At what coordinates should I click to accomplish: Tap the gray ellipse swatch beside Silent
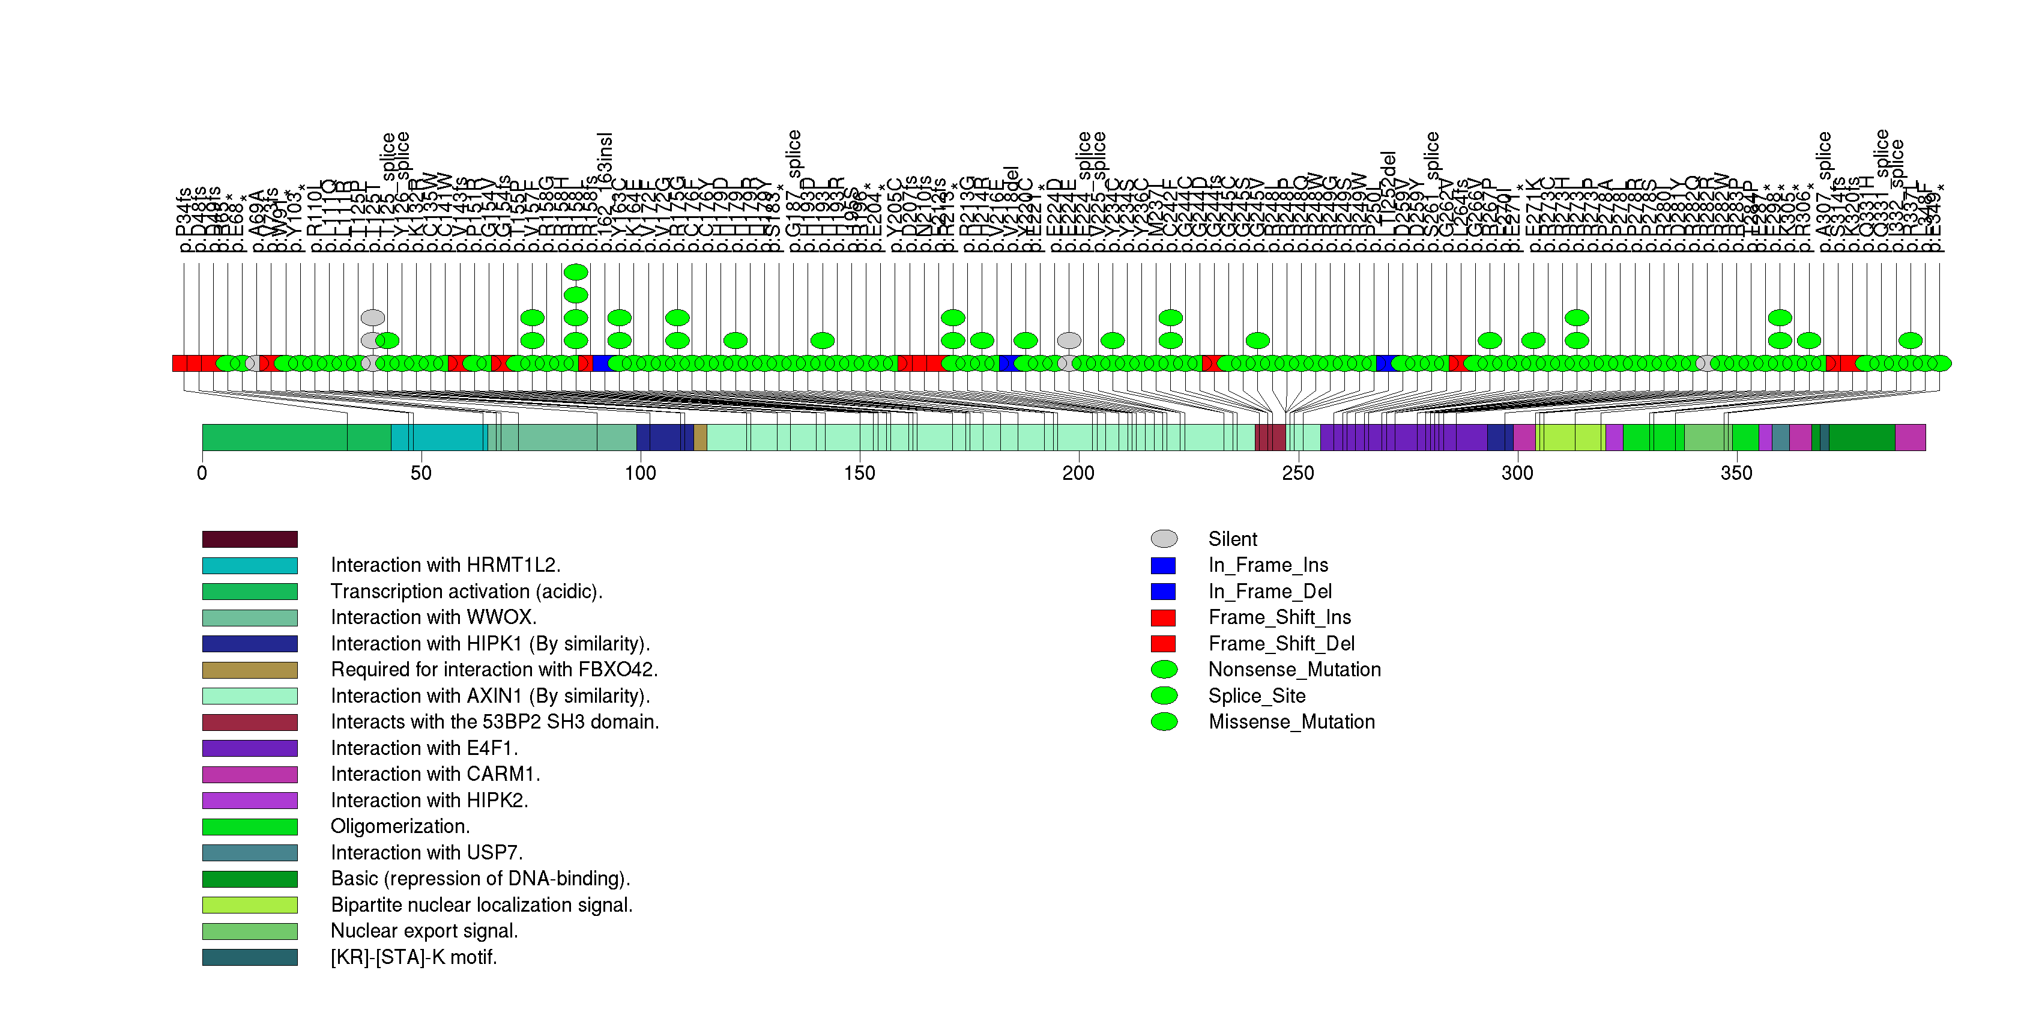coord(1164,539)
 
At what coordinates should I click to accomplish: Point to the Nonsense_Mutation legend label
coord(1294,670)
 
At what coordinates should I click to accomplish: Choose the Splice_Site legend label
coord(1257,695)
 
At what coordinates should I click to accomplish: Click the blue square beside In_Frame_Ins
coord(1163,565)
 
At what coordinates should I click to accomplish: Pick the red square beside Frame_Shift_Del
coord(1163,644)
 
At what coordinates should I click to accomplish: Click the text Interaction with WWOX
coord(433,617)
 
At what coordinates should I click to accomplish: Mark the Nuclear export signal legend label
coord(424,931)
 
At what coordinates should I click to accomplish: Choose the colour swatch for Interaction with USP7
coord(249,853)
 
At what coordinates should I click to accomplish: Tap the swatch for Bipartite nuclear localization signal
coord(249,905)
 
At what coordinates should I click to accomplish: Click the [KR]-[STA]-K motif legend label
coord(414,957)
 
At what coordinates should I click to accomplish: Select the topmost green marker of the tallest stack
coord(576,272)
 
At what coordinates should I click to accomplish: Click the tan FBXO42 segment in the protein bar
coord(699,437)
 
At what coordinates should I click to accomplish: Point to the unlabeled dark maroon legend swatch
coord(249,539)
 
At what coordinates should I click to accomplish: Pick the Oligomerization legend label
coord(400,826)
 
